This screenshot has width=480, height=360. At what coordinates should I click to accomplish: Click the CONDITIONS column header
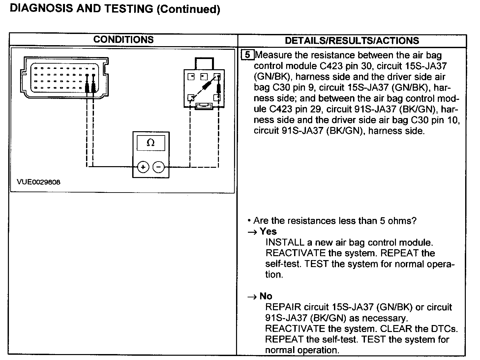(x=123, y=40)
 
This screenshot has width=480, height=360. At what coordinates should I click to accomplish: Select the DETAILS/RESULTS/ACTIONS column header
(x=352, y=41)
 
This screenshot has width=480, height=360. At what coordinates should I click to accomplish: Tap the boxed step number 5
(x=248, y=55)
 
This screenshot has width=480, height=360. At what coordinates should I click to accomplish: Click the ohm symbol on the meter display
(x=151, y=143)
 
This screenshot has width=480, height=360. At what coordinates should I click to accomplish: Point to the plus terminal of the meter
(x=143, y=167)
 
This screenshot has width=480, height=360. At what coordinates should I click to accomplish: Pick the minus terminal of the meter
(x=159, y=167)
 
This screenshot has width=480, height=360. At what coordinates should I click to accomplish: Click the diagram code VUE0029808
(x=39, y=182)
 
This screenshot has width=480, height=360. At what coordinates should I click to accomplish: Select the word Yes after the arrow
(x=268, y=231)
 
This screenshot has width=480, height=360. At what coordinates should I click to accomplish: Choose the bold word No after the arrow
(x=266, y=296)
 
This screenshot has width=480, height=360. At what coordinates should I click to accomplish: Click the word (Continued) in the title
(x=188, y=9)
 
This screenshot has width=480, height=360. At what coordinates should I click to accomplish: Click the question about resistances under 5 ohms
(x=335, y=221)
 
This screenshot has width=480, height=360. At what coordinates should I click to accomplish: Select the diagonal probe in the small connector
(x=207, y=86)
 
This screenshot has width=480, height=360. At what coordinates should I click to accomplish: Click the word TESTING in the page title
(x=129, y=9)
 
